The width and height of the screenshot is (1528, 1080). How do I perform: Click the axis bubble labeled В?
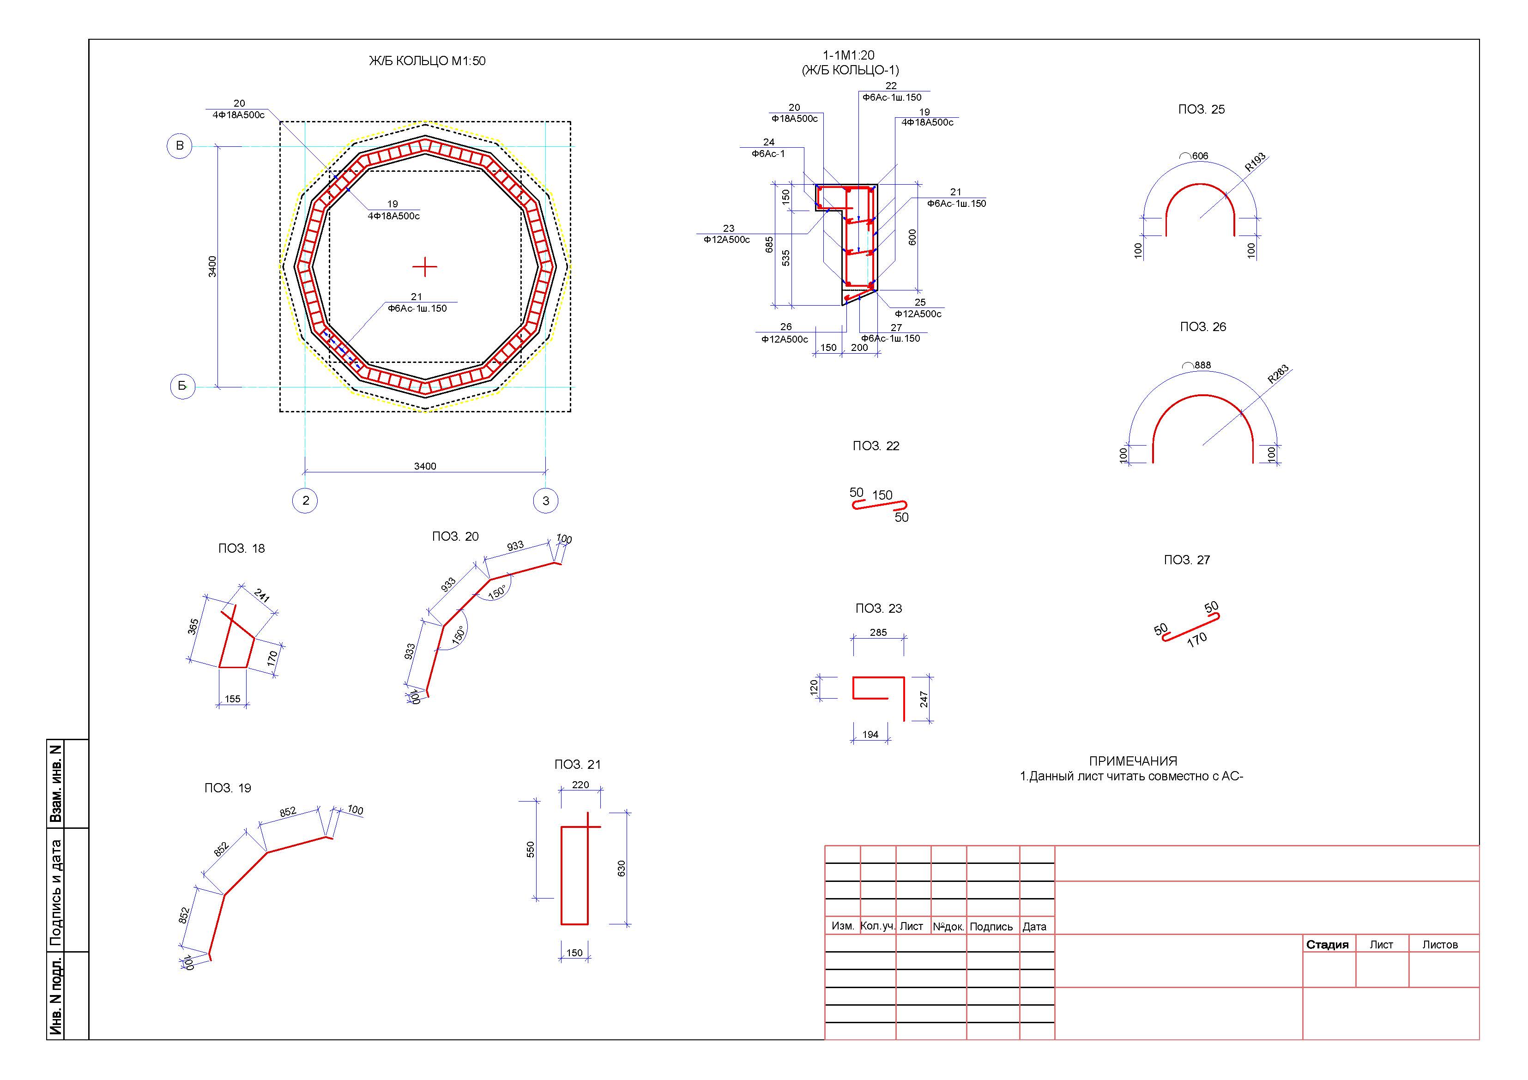pyautogui.click(x=179, y=146)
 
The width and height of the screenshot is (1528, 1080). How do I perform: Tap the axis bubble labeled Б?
pyautogui.click(x=182, y=386)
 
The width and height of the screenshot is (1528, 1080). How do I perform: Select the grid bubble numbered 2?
pyautogui.click(x=305, y=501)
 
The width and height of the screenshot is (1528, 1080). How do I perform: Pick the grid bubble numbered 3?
pyautogui.click(x=546, y=501)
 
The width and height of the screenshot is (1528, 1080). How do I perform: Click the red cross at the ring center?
pyautogui.click(x=424, y=267)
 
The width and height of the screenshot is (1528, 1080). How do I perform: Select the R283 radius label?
pyautogui.click(x=1278, y=374)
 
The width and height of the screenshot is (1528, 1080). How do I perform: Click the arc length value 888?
pyautogui.click(x=1202, y=365)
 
